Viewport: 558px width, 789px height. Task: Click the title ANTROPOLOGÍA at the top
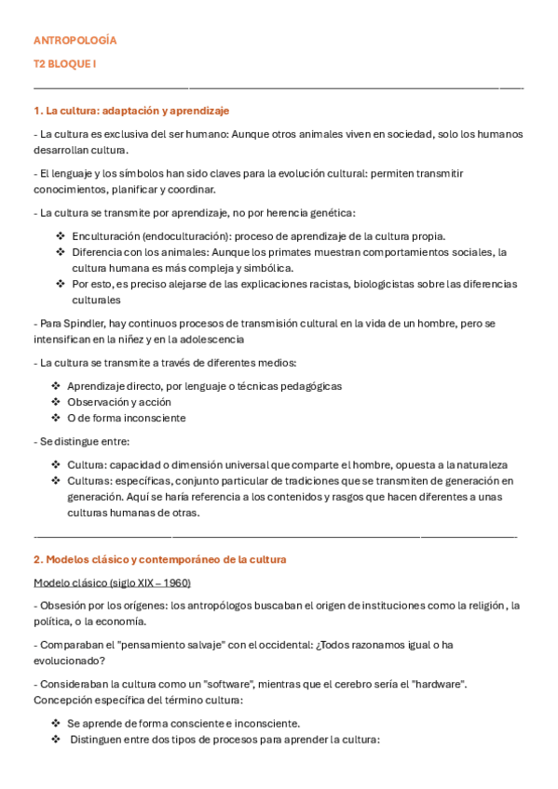(75, 41)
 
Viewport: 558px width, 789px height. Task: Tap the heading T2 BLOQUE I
(64, 63)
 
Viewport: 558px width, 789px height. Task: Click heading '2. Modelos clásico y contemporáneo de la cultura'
(159, 559)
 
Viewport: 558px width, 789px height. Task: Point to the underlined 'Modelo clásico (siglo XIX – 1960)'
(112, 582)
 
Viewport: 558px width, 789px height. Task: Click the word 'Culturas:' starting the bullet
(89, 480)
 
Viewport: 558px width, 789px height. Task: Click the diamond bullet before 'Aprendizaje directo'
(57, 385)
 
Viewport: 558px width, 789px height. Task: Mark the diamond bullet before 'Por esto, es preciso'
(61, 283)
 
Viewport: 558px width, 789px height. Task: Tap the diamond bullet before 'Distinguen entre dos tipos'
(57, 739)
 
